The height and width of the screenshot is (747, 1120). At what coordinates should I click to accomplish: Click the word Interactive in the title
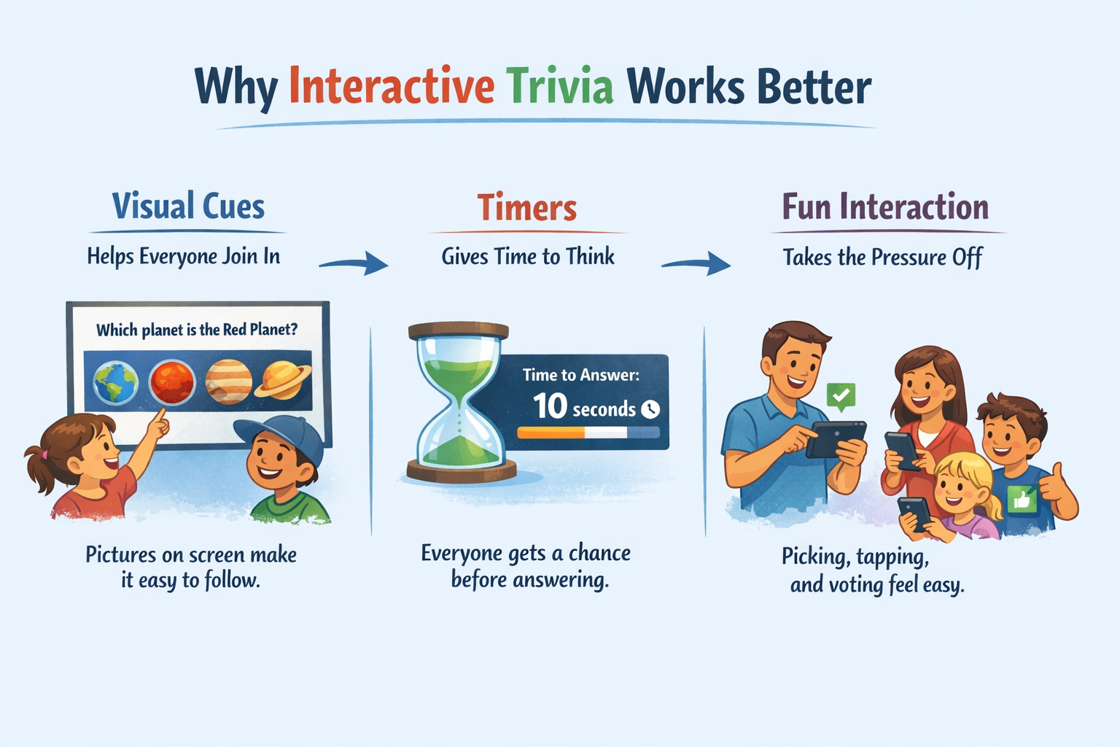(392, 87)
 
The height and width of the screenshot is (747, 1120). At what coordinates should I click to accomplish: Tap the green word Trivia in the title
(559, 87)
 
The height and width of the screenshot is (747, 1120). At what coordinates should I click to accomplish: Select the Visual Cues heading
(188, 206)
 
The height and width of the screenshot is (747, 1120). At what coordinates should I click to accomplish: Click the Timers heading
(527, 208)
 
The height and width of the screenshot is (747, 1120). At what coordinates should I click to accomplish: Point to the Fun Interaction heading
(885, 207)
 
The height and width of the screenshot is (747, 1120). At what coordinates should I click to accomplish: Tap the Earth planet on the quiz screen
(116, 383)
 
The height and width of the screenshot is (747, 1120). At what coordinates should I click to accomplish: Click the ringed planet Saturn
(283, 380)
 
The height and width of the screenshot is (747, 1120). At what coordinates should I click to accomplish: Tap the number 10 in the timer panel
(550, 406)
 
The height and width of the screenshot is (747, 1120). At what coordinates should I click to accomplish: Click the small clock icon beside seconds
(650, 409)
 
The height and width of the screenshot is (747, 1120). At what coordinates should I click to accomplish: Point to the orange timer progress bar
(551, 433)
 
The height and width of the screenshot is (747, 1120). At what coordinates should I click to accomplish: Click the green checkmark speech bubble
(841, 395)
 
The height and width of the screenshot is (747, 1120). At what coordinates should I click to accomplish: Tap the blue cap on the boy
(281, 436)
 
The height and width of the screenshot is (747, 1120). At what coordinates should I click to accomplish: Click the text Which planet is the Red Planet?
(197, 330)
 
